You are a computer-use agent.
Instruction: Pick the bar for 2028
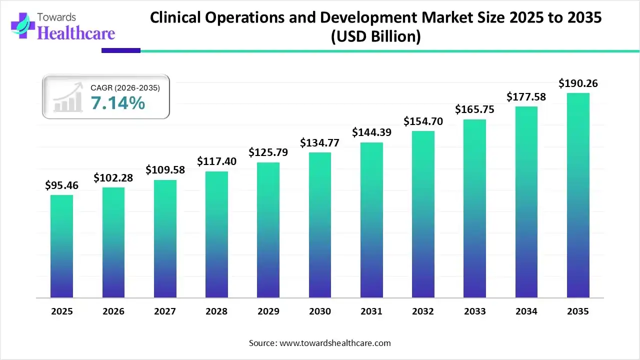[x=216, y=234]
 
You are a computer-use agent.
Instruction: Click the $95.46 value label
[x=61, y=186]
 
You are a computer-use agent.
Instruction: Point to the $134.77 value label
[x=320, y=143]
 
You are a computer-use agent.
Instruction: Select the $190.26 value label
[x=578, y=83]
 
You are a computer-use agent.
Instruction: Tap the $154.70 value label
[x=423, y=121]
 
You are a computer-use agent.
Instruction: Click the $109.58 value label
[x=165, y=170]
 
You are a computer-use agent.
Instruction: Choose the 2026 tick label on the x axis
[x=113, y=311]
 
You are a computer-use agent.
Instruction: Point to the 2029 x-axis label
[x=268, y=311]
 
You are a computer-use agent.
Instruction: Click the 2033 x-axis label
[x=475, y=311]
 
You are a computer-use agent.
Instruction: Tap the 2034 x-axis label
[x=526, y=311]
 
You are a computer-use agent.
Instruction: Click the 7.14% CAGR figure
[x=118, y=103]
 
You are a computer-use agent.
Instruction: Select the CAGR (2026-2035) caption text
[x=125, y=88]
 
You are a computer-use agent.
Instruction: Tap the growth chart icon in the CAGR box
[x=68, y=98]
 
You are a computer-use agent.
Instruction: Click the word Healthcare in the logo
[x=76, y=33]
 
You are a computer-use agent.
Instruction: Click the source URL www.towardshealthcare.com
[x=334, y=343]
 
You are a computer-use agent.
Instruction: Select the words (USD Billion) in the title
[x=375, y=36]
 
